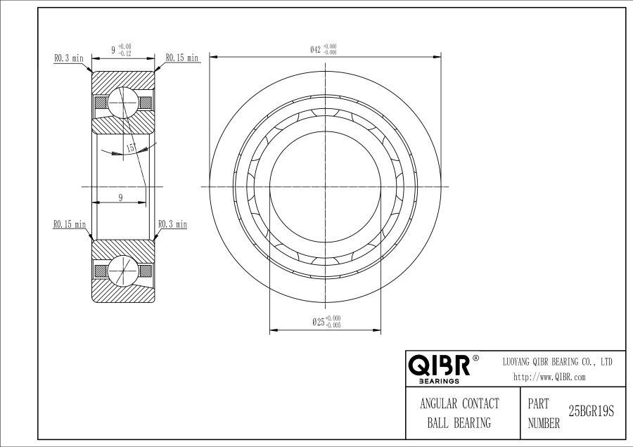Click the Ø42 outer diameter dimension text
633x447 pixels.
point(323,50)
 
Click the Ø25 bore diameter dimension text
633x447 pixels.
point(326,321)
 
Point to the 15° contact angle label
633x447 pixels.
point(132,148)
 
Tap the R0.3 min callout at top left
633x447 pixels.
point(69,58)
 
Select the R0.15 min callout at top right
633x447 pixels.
point(182,58)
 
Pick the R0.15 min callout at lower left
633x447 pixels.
point(70,224)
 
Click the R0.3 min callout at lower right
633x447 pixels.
point(172,223)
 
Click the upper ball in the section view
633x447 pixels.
point(123,103)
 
